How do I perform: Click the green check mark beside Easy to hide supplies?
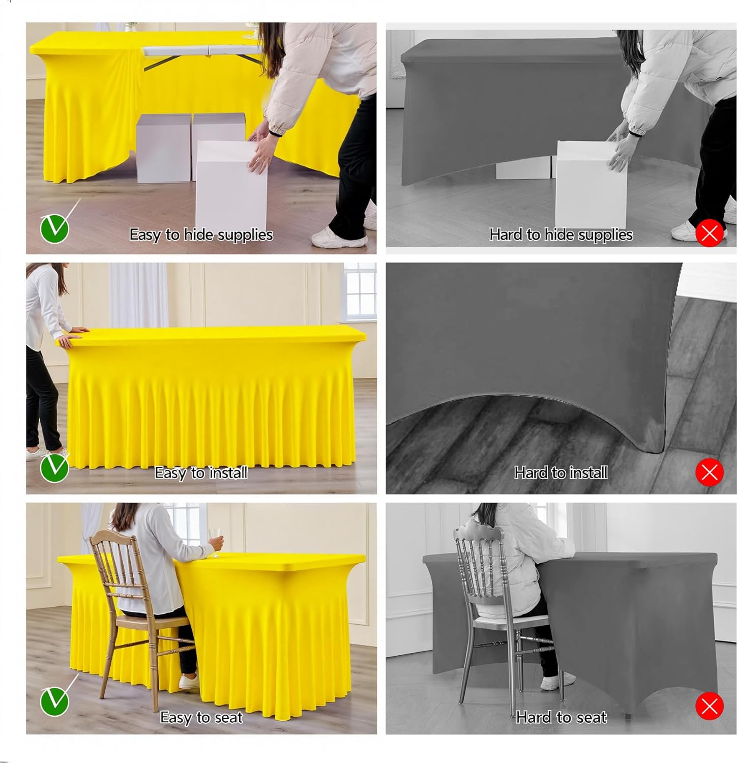[54, 228]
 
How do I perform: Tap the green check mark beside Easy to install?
[54, 467]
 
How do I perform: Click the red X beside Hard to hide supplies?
[710, 233]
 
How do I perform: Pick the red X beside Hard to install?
[710, 472]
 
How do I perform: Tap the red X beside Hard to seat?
[710, 706]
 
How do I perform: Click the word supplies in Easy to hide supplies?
[247, 235]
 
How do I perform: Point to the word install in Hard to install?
[588, 473]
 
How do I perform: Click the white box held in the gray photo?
[591, 183]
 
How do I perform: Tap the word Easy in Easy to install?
[170, 473]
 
